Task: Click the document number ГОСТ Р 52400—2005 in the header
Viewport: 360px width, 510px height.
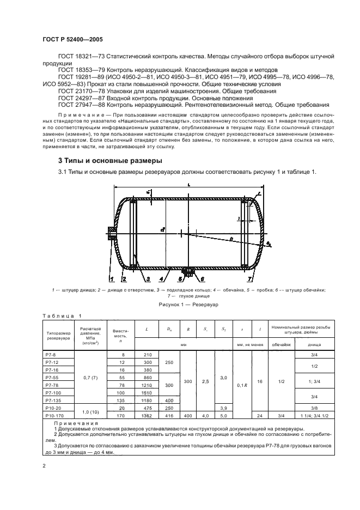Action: click(72, 40)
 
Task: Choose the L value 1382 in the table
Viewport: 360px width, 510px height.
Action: click(147, 415)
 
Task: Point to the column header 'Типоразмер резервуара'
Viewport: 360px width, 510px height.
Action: click(56, 335)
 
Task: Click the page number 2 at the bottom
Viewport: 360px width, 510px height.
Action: click(44, 466)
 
